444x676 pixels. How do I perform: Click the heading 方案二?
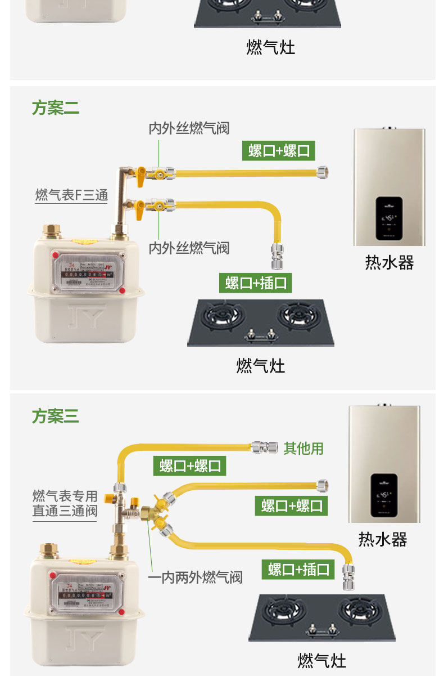click(x=55, y=108)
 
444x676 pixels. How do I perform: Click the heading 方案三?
click(x=55, y=417)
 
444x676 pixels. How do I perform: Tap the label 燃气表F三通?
click(x=71, y=195)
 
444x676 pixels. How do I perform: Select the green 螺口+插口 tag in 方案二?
click(x=256, y=283)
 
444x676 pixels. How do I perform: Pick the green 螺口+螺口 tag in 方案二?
click(x=279, y=151)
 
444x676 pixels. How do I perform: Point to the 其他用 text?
click(x=303, y=449)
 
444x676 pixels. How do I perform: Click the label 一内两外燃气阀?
click(x=195, y=577)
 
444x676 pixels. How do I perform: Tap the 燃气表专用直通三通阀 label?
click(x=65, y=504)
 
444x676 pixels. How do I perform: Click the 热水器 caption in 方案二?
click(x=389, y=263)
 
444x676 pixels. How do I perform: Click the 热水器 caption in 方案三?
click(x=383, y=539)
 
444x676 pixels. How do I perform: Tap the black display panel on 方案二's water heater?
click(x=389, y=216)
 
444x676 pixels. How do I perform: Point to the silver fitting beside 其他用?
click(x=265, y=447)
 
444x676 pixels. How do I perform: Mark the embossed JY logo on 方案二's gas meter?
click(x=86, y=317)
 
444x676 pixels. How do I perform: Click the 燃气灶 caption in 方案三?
click(x=321, y=660)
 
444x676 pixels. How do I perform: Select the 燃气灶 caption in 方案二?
click(x=260, y=366)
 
